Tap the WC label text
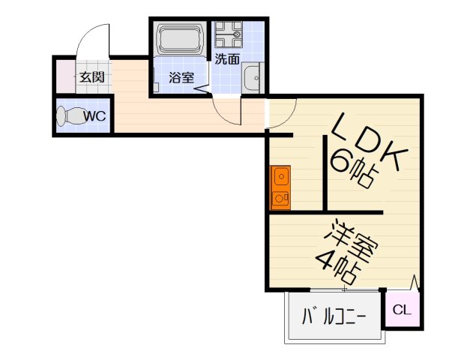[94, 116]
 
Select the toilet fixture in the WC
[70, 117]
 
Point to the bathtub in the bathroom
[180, 39]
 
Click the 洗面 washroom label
[227, 58]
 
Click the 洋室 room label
[352, 238]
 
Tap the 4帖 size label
[334, 263]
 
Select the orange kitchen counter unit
[280, 187]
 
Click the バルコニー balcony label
[334, 316]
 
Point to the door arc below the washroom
[225, 113]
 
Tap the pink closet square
[402, 309]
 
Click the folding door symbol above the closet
[412, 284]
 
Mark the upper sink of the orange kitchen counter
[280, 177]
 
